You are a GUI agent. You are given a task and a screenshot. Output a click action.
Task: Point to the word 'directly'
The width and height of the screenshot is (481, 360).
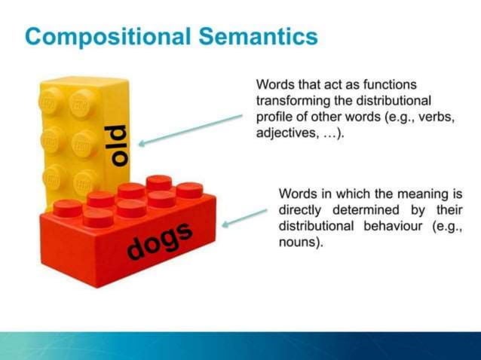click(x=301, y=210)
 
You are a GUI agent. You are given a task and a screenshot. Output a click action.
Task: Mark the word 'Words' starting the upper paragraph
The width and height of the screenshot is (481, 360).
click(x=274, y=83)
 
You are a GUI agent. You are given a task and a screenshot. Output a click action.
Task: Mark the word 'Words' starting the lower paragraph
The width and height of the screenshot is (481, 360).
click(x=296, y=194)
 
